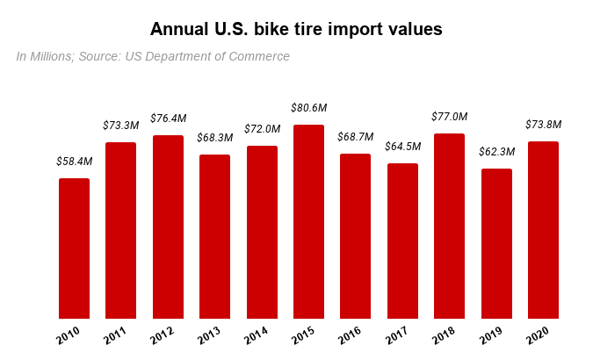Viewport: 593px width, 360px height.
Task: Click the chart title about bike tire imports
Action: tap(296, 29)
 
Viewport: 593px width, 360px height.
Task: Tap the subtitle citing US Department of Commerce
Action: tap(153, 57)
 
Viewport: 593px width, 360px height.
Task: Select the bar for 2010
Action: tap(74, 248)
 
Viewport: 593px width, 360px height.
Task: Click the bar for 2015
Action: tap(308, 222)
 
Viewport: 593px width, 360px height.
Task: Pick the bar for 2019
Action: tap(496, 244)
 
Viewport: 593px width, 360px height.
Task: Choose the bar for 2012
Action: tap(168, 227)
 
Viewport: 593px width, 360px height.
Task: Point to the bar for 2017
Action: tap(402, 241)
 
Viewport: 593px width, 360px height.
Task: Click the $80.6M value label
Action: tap(308, 108)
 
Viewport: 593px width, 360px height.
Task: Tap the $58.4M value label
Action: tap(74, 162)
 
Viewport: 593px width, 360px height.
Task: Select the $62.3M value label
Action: tap(496, 152)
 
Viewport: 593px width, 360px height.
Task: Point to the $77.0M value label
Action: tap(449, 117)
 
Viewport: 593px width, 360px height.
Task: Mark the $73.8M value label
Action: tap(543, 125)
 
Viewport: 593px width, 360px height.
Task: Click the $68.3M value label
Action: tap(214, 138)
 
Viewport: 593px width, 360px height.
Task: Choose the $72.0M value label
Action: tap(262, 129)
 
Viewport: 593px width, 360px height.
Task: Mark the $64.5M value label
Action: tap(402, 147)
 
